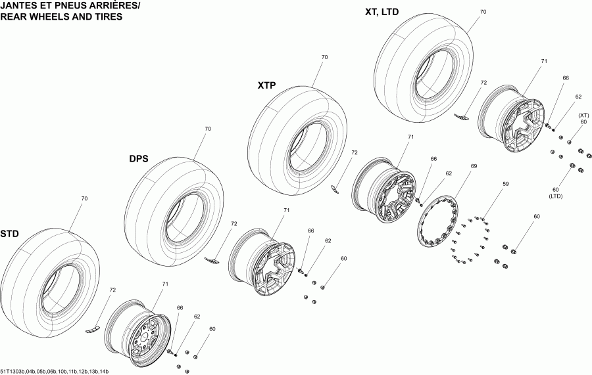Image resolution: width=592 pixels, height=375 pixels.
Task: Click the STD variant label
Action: point(9,234)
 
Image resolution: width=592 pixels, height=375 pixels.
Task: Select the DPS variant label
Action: point(138,159)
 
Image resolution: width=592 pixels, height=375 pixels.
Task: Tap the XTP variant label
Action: point(266,85)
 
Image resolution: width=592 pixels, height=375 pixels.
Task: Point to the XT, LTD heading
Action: point(382,12)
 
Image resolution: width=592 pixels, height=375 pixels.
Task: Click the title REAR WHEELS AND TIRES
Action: point(61,17)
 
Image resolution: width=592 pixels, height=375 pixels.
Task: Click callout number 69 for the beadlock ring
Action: point(473,167)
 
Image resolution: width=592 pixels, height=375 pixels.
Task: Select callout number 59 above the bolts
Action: point(505,185)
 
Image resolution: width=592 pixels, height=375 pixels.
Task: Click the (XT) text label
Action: point(583,115)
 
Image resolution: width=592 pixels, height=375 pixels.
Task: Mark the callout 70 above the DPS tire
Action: point(208,129)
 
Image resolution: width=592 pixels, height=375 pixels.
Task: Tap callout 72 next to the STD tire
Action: point(112,290)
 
